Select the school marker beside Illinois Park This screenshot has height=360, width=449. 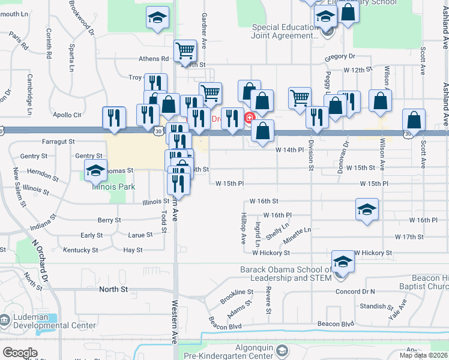[x=95, y=171]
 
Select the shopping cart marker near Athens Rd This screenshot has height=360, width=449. [x=185, y=50]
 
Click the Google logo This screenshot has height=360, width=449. [x=20, y=353]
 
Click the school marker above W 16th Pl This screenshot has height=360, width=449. [x=367, y=209]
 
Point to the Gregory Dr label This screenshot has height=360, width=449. [x=340, y=56]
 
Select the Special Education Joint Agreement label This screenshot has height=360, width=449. [x=285, y=31]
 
